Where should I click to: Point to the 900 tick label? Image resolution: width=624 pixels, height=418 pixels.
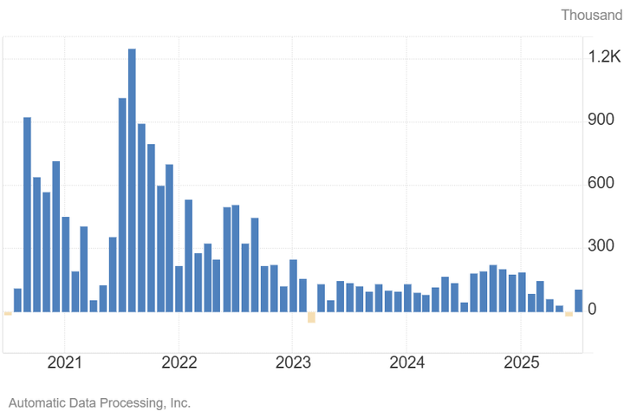click(601, 121)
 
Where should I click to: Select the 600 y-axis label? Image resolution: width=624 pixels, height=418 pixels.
click(601, 184)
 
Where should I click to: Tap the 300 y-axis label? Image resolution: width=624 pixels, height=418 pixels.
click(601, 247)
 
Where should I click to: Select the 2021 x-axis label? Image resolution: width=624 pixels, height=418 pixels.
click(65, 362)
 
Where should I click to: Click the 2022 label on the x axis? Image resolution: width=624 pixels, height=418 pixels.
click(179, 362)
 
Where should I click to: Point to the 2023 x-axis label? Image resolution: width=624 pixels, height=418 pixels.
click(293, 362)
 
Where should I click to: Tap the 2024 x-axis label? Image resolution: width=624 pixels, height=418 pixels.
click(407, 362)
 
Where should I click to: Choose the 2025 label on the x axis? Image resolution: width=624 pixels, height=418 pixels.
click(522, 362)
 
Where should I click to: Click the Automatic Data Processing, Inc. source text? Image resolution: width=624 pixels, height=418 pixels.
click(99, 403)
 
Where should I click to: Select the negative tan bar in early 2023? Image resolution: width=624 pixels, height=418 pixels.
click(311, 317)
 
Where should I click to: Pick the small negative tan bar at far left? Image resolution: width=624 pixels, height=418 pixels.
click(8, 313)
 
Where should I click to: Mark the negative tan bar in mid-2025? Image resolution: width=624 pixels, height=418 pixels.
click(569, 314)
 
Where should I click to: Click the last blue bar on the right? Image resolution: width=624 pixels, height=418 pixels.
click(579, 300)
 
